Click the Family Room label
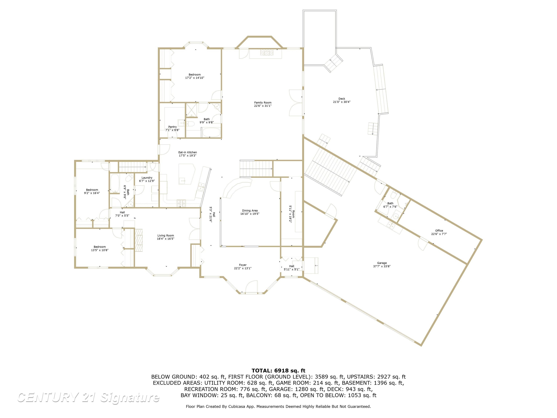263,103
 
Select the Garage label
382,263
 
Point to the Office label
439,231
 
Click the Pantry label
172,127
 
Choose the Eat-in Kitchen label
188,152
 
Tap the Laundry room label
147,178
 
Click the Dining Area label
250,211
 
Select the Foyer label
243,265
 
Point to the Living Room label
166,236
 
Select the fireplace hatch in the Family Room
267,52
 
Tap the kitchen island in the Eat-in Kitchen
186,174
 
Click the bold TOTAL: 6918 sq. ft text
278,371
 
